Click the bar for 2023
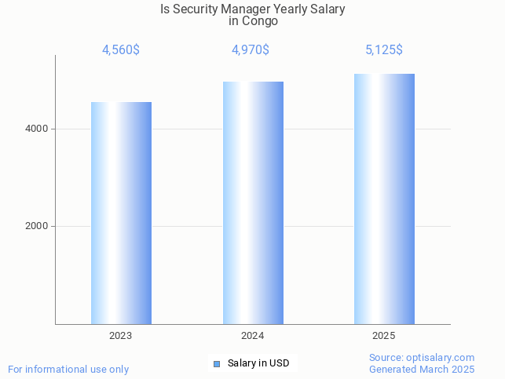click(121, 213)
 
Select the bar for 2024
click(253, 202)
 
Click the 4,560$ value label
click(121, 50)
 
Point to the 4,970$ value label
click(251, 50)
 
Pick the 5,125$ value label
click(384, 50)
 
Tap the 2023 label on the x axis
click(121, 336)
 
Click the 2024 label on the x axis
click(253, 336)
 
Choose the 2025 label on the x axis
click(384, 336)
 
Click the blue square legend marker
click(217, 364)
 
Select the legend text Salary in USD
click(258, 363)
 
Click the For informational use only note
click(68, 369)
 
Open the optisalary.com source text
click(422, 358)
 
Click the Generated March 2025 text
click(422, 369)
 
